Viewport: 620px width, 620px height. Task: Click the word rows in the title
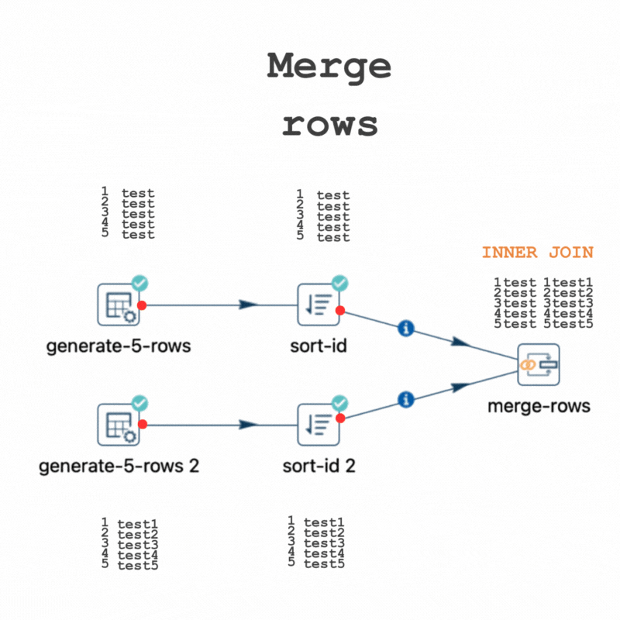(x=329, y=124)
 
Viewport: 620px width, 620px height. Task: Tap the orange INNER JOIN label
(x=537, y=253)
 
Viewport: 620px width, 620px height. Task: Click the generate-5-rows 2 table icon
(x=119, y=425)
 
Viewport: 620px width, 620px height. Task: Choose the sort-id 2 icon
(x=319, y=425)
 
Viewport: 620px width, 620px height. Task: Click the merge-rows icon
(x=538, y=363)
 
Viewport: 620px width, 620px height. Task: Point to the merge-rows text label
(x=539, y=405)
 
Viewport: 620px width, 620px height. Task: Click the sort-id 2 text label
(x=319, y=467)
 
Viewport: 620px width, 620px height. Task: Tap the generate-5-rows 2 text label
(x=119, y=467)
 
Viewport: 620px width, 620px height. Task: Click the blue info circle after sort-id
(x=405, y=329)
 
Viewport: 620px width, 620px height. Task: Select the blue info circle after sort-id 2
(x=405, y=400)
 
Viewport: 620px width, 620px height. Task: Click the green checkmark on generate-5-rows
(x=140, y=284)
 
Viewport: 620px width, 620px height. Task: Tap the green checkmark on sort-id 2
(x=340, y=403)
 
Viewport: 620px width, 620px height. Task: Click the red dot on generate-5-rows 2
(x=143, y=424)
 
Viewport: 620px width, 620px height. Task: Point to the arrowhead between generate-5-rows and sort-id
(x=248, y=305)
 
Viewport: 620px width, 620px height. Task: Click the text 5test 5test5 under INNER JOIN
(x=542, y=324)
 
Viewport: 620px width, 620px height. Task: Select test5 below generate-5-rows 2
(x=138, y=565)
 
